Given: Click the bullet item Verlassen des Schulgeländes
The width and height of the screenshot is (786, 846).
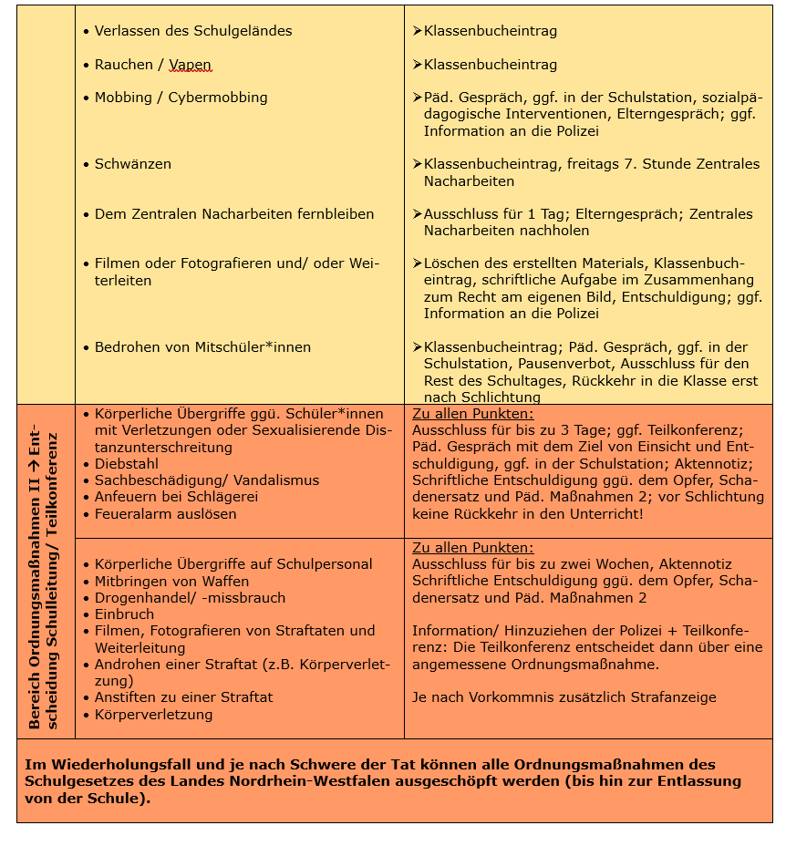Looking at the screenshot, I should point(193,31).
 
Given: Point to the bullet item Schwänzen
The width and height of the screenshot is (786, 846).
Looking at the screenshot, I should point(133,164).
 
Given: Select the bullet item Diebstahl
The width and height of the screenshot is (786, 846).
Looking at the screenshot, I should point(129,464).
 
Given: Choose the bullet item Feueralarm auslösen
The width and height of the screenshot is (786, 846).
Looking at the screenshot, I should point(165,514).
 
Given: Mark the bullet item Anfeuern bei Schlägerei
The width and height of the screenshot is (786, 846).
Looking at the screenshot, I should point(177,497).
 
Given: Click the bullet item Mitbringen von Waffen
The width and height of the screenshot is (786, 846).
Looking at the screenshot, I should point(171,582).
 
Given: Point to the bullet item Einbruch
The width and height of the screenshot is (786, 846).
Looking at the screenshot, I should point(124,614).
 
